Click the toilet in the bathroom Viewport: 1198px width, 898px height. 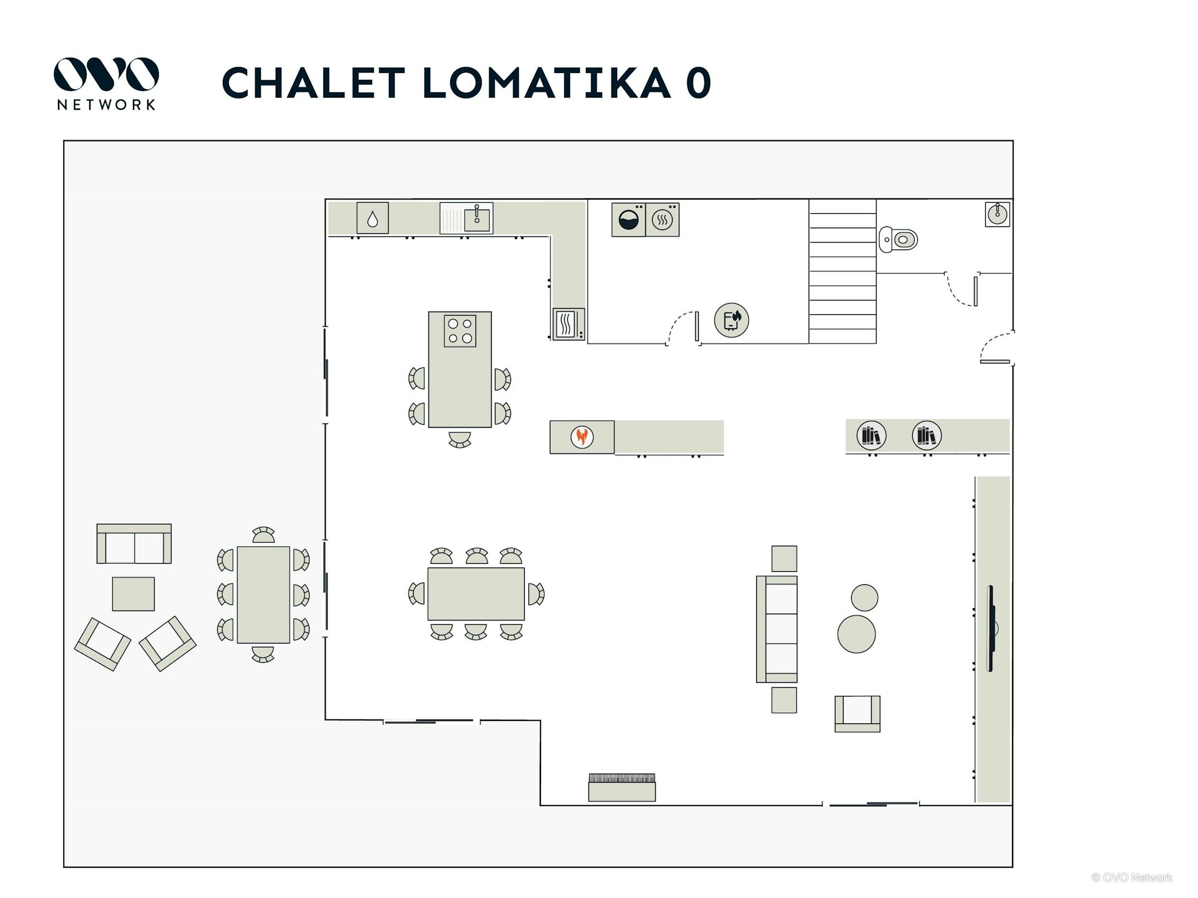[898, 239]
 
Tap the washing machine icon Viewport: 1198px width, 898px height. [628, 220]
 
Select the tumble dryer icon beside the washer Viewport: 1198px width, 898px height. [662, 220]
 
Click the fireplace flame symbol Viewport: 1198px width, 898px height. [582, 437]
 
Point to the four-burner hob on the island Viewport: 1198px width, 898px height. [460, 331]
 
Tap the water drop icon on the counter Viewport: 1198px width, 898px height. [373, 218]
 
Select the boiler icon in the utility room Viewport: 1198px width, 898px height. [731, 320]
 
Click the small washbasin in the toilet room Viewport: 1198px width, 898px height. [998, 214]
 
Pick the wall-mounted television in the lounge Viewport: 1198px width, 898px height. [990, 628]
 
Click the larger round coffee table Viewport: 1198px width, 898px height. [856, 634]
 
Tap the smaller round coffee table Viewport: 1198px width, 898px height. [864, 597]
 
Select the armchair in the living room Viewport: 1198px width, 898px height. [857, 713]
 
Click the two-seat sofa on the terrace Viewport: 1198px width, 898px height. [134, 544]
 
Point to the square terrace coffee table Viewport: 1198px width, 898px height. [134, 594]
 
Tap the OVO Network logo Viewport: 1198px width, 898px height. [106, 84]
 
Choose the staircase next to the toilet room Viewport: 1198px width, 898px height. [842, 271]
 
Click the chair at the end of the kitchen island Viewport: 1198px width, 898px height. [460, 439]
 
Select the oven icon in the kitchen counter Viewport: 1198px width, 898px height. [568, 324]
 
